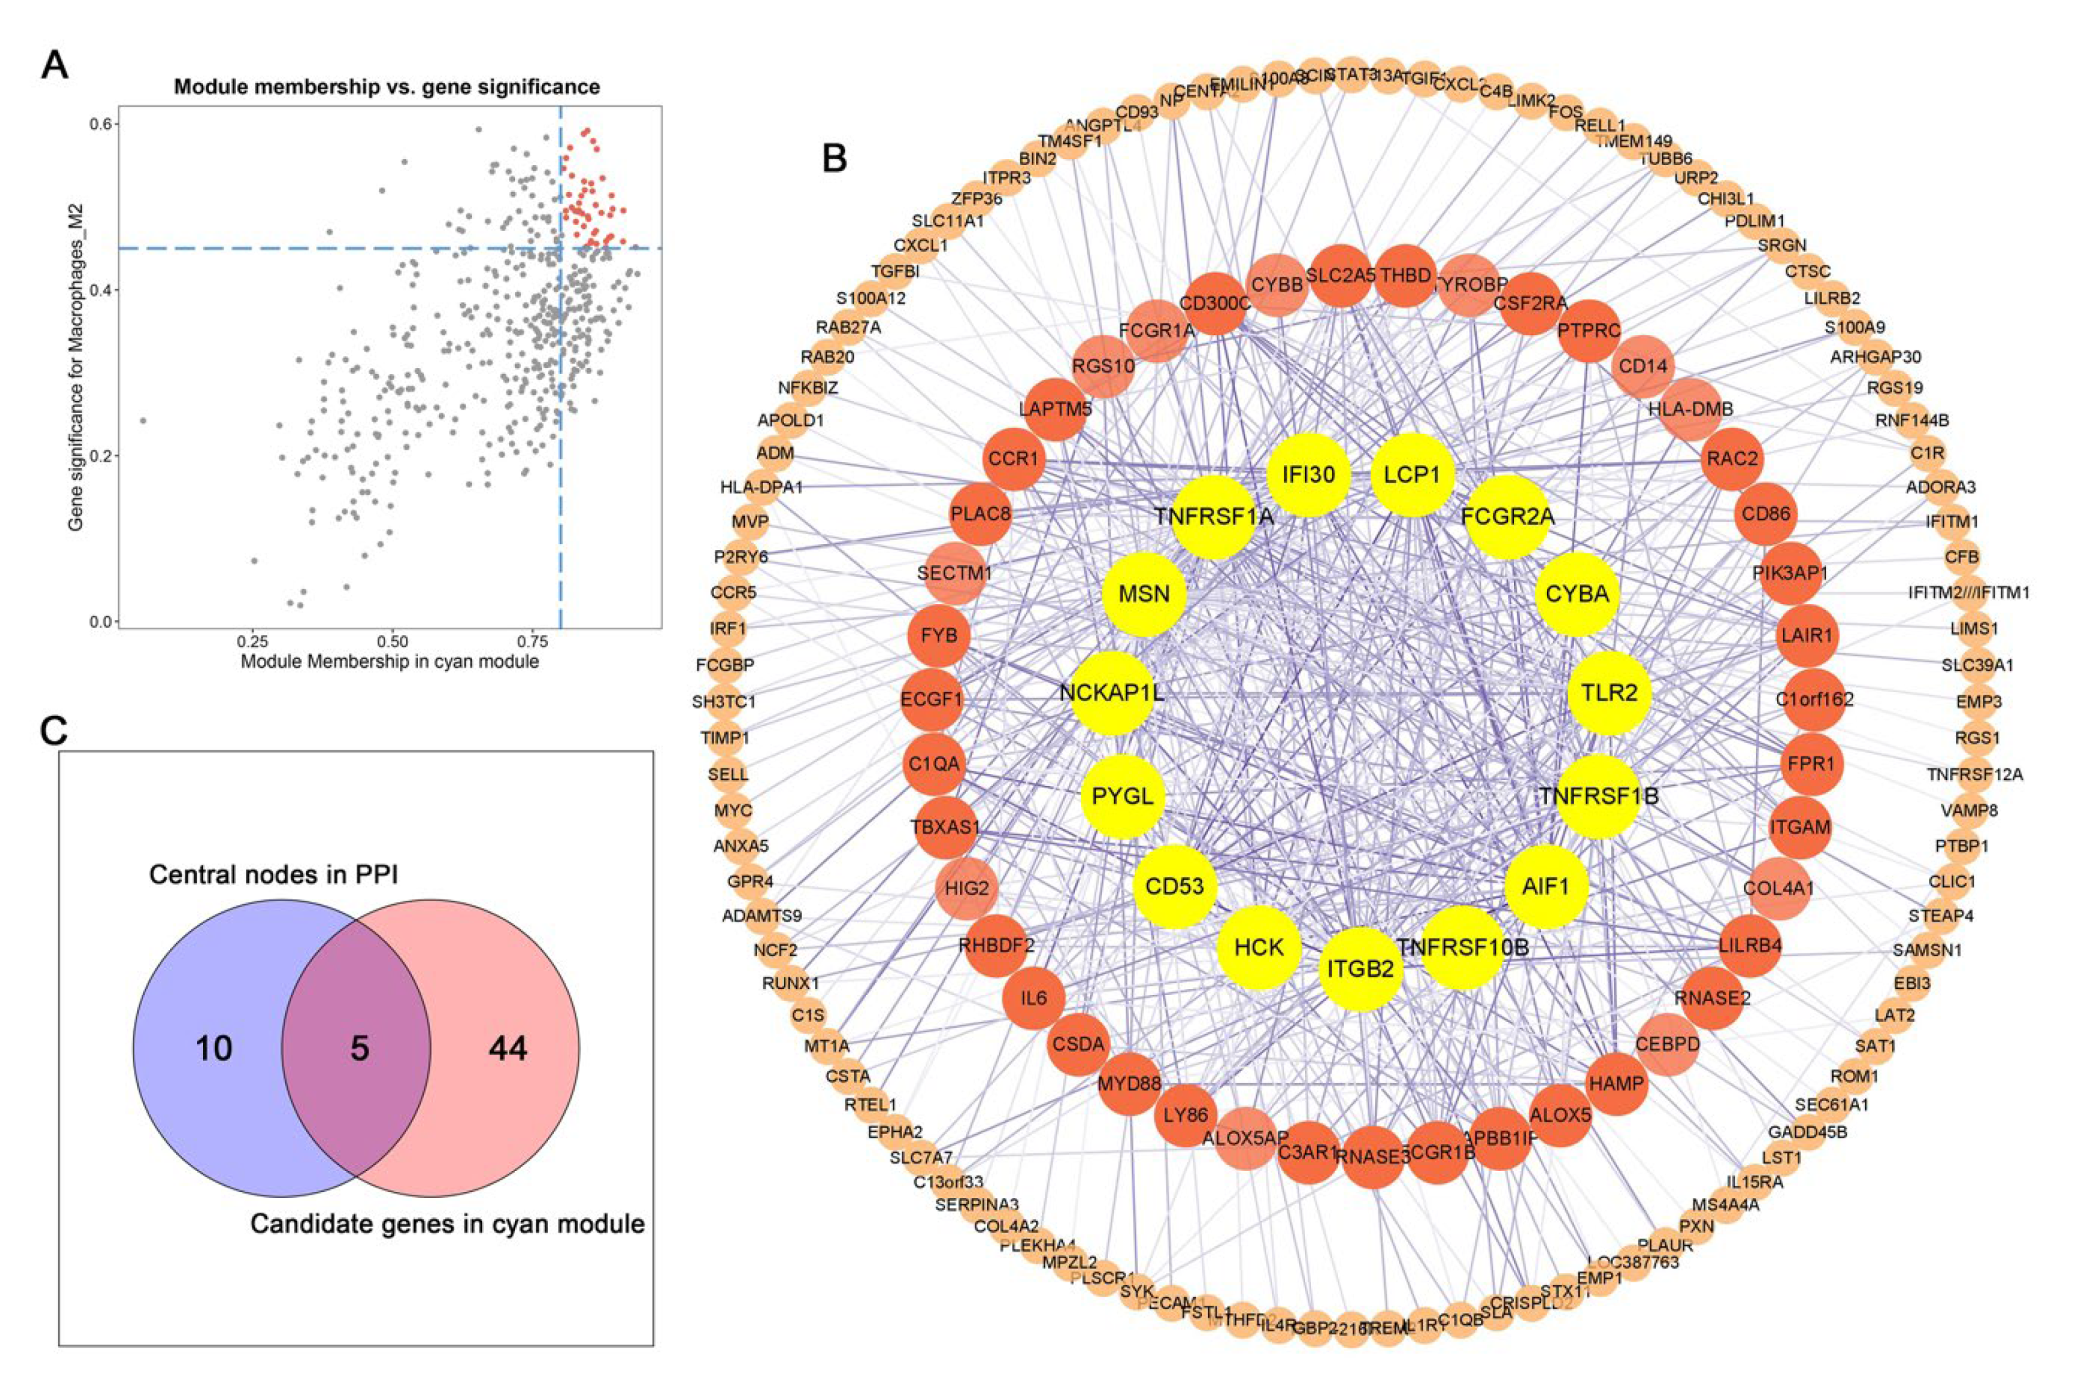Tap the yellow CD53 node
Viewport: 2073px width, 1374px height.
tap(1175, 887)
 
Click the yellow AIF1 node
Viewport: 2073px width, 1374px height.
tap(1546, 887)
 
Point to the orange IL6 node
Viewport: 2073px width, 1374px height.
tap(1034, 997)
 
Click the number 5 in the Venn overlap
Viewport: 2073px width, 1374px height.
tap(360, 1048)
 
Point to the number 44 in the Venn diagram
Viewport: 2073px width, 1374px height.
tap(508, 1048)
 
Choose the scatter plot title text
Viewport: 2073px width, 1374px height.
tap(386, 87)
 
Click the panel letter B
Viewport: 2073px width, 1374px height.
tap(834, 158)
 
